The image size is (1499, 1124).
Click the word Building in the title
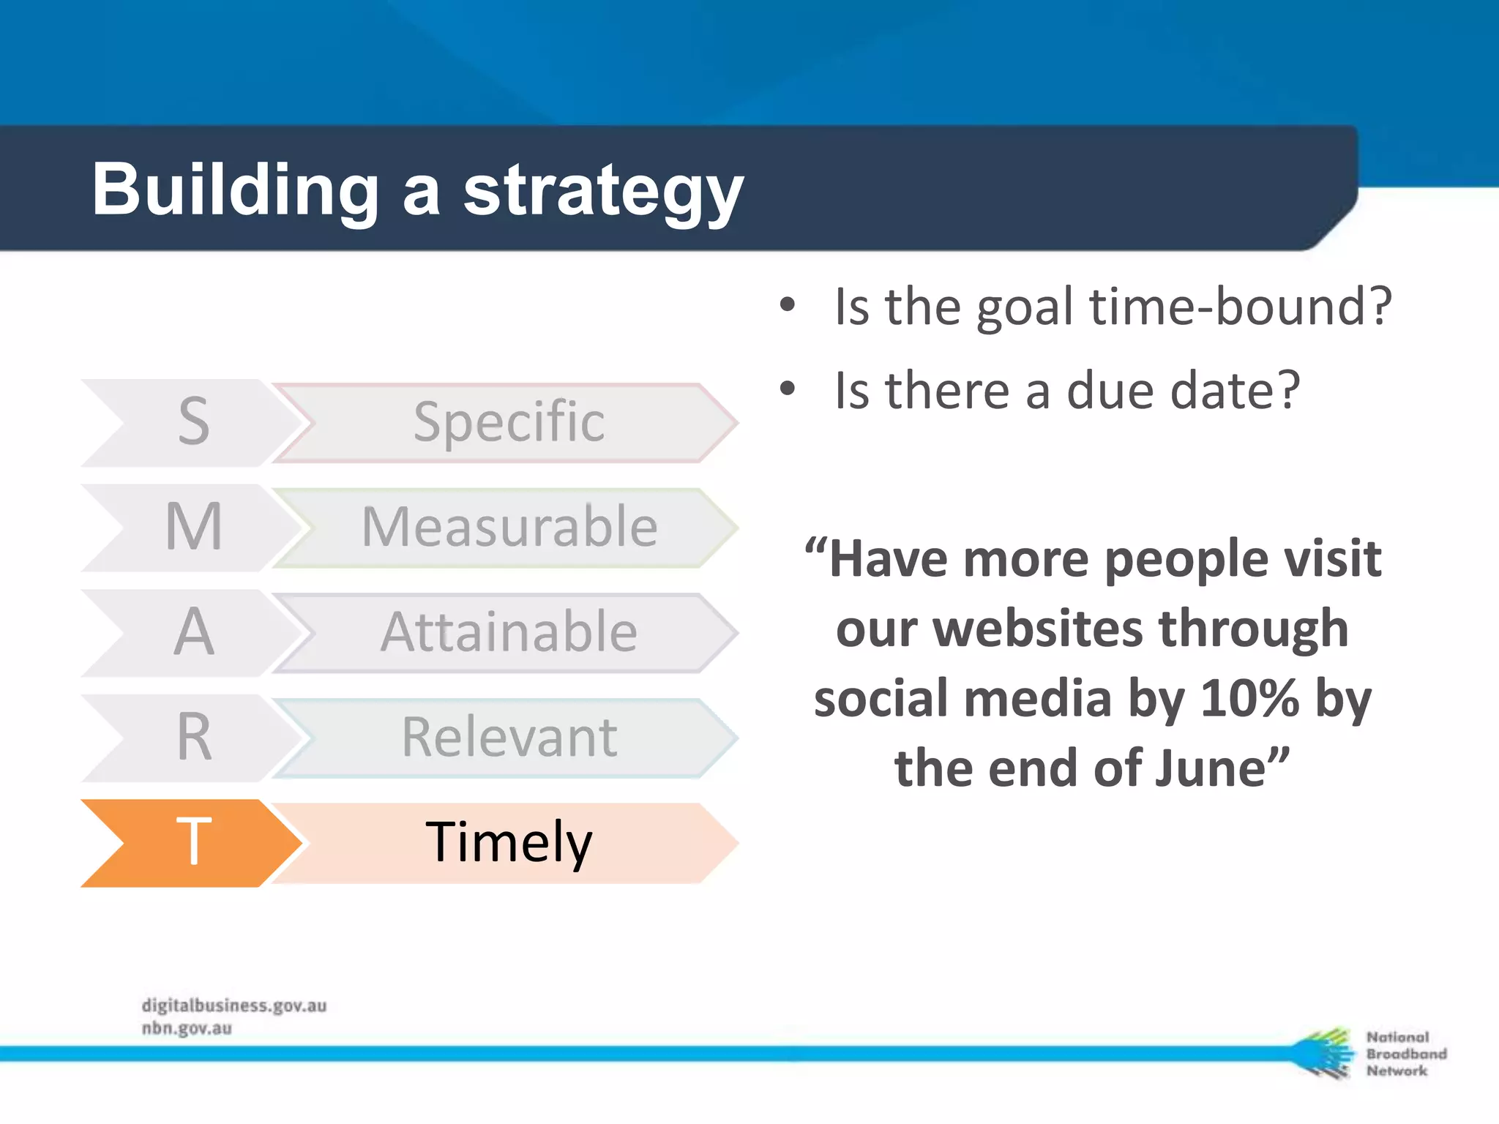pos(234,190)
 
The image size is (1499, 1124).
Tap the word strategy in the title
pos(603,192)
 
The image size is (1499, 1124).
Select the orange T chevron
pos(192,843)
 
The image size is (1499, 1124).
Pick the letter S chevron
pos(192,422)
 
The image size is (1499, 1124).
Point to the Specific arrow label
pos(508,422)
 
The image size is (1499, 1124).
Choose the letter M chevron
pos(192,527)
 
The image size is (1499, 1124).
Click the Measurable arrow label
pos(508,527)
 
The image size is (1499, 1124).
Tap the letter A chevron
pos(192,632)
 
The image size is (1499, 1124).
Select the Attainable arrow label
pos(508,632)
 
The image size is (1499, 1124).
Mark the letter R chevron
pos(192,738)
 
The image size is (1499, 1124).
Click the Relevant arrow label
pos(508,738)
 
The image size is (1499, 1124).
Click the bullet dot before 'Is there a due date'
pos(787,389)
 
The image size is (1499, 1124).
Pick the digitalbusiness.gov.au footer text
pos(234,1005)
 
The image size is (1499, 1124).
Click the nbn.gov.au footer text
pos(187,1028)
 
